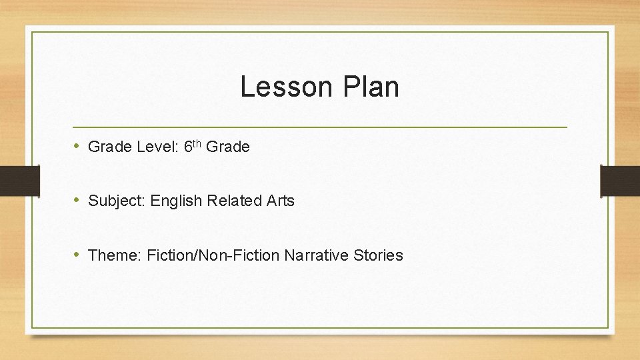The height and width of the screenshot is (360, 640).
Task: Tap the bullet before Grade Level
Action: [x=77, y=146]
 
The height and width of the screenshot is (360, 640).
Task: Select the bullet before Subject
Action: [x=77, y=200]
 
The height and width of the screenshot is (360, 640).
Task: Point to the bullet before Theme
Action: [x=77, y=254]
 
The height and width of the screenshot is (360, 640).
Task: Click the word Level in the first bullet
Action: [x=155, y=147]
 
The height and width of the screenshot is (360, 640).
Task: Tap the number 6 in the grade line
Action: [x=187, y=147]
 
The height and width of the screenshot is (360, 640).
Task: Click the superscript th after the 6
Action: [x=197, y=143]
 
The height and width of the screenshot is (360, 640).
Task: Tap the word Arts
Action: [x=280, y=201]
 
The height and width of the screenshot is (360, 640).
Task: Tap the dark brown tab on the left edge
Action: [x=19, y=181]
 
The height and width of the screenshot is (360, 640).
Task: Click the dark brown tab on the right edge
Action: [x=620, y=181]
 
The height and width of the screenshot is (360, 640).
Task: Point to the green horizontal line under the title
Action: [x=320, y=127]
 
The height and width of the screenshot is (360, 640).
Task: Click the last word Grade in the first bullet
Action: [x=228, y=147]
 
